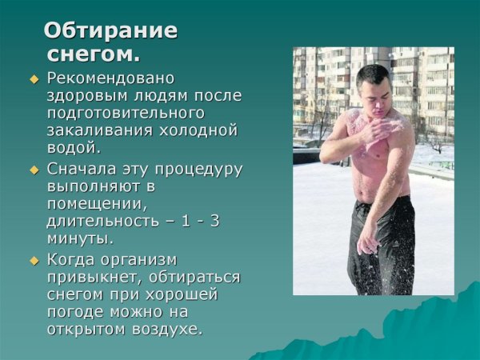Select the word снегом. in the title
94,54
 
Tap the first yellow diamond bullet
34,79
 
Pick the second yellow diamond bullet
34,170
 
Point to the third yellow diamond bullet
34,260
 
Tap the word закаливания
101,130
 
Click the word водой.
74,147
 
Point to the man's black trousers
382,240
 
